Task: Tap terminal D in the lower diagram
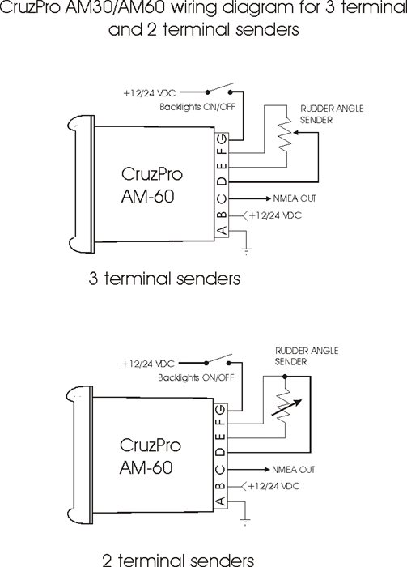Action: point(221,452)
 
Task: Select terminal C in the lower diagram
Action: point(221,469)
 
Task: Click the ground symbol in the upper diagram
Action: point(246,251)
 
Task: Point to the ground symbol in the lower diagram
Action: point(245,522)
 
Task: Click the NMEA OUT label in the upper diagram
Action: point(295,198)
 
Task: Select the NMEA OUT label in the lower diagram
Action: point(293,470)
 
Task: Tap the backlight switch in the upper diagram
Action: point(219,89)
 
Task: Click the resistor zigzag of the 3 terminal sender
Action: point(286,133)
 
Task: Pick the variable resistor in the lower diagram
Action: point(286,405)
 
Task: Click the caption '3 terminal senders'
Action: point(164,279)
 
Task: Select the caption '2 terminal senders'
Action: point(178,560)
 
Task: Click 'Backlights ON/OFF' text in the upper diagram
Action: point(197,107)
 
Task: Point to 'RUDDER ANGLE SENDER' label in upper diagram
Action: point(332,114)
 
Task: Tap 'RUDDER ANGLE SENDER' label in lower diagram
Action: point(307,356)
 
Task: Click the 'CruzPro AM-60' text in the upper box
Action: point(151,185)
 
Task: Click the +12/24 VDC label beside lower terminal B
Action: point(274,486)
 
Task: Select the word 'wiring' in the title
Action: point(193,7)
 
